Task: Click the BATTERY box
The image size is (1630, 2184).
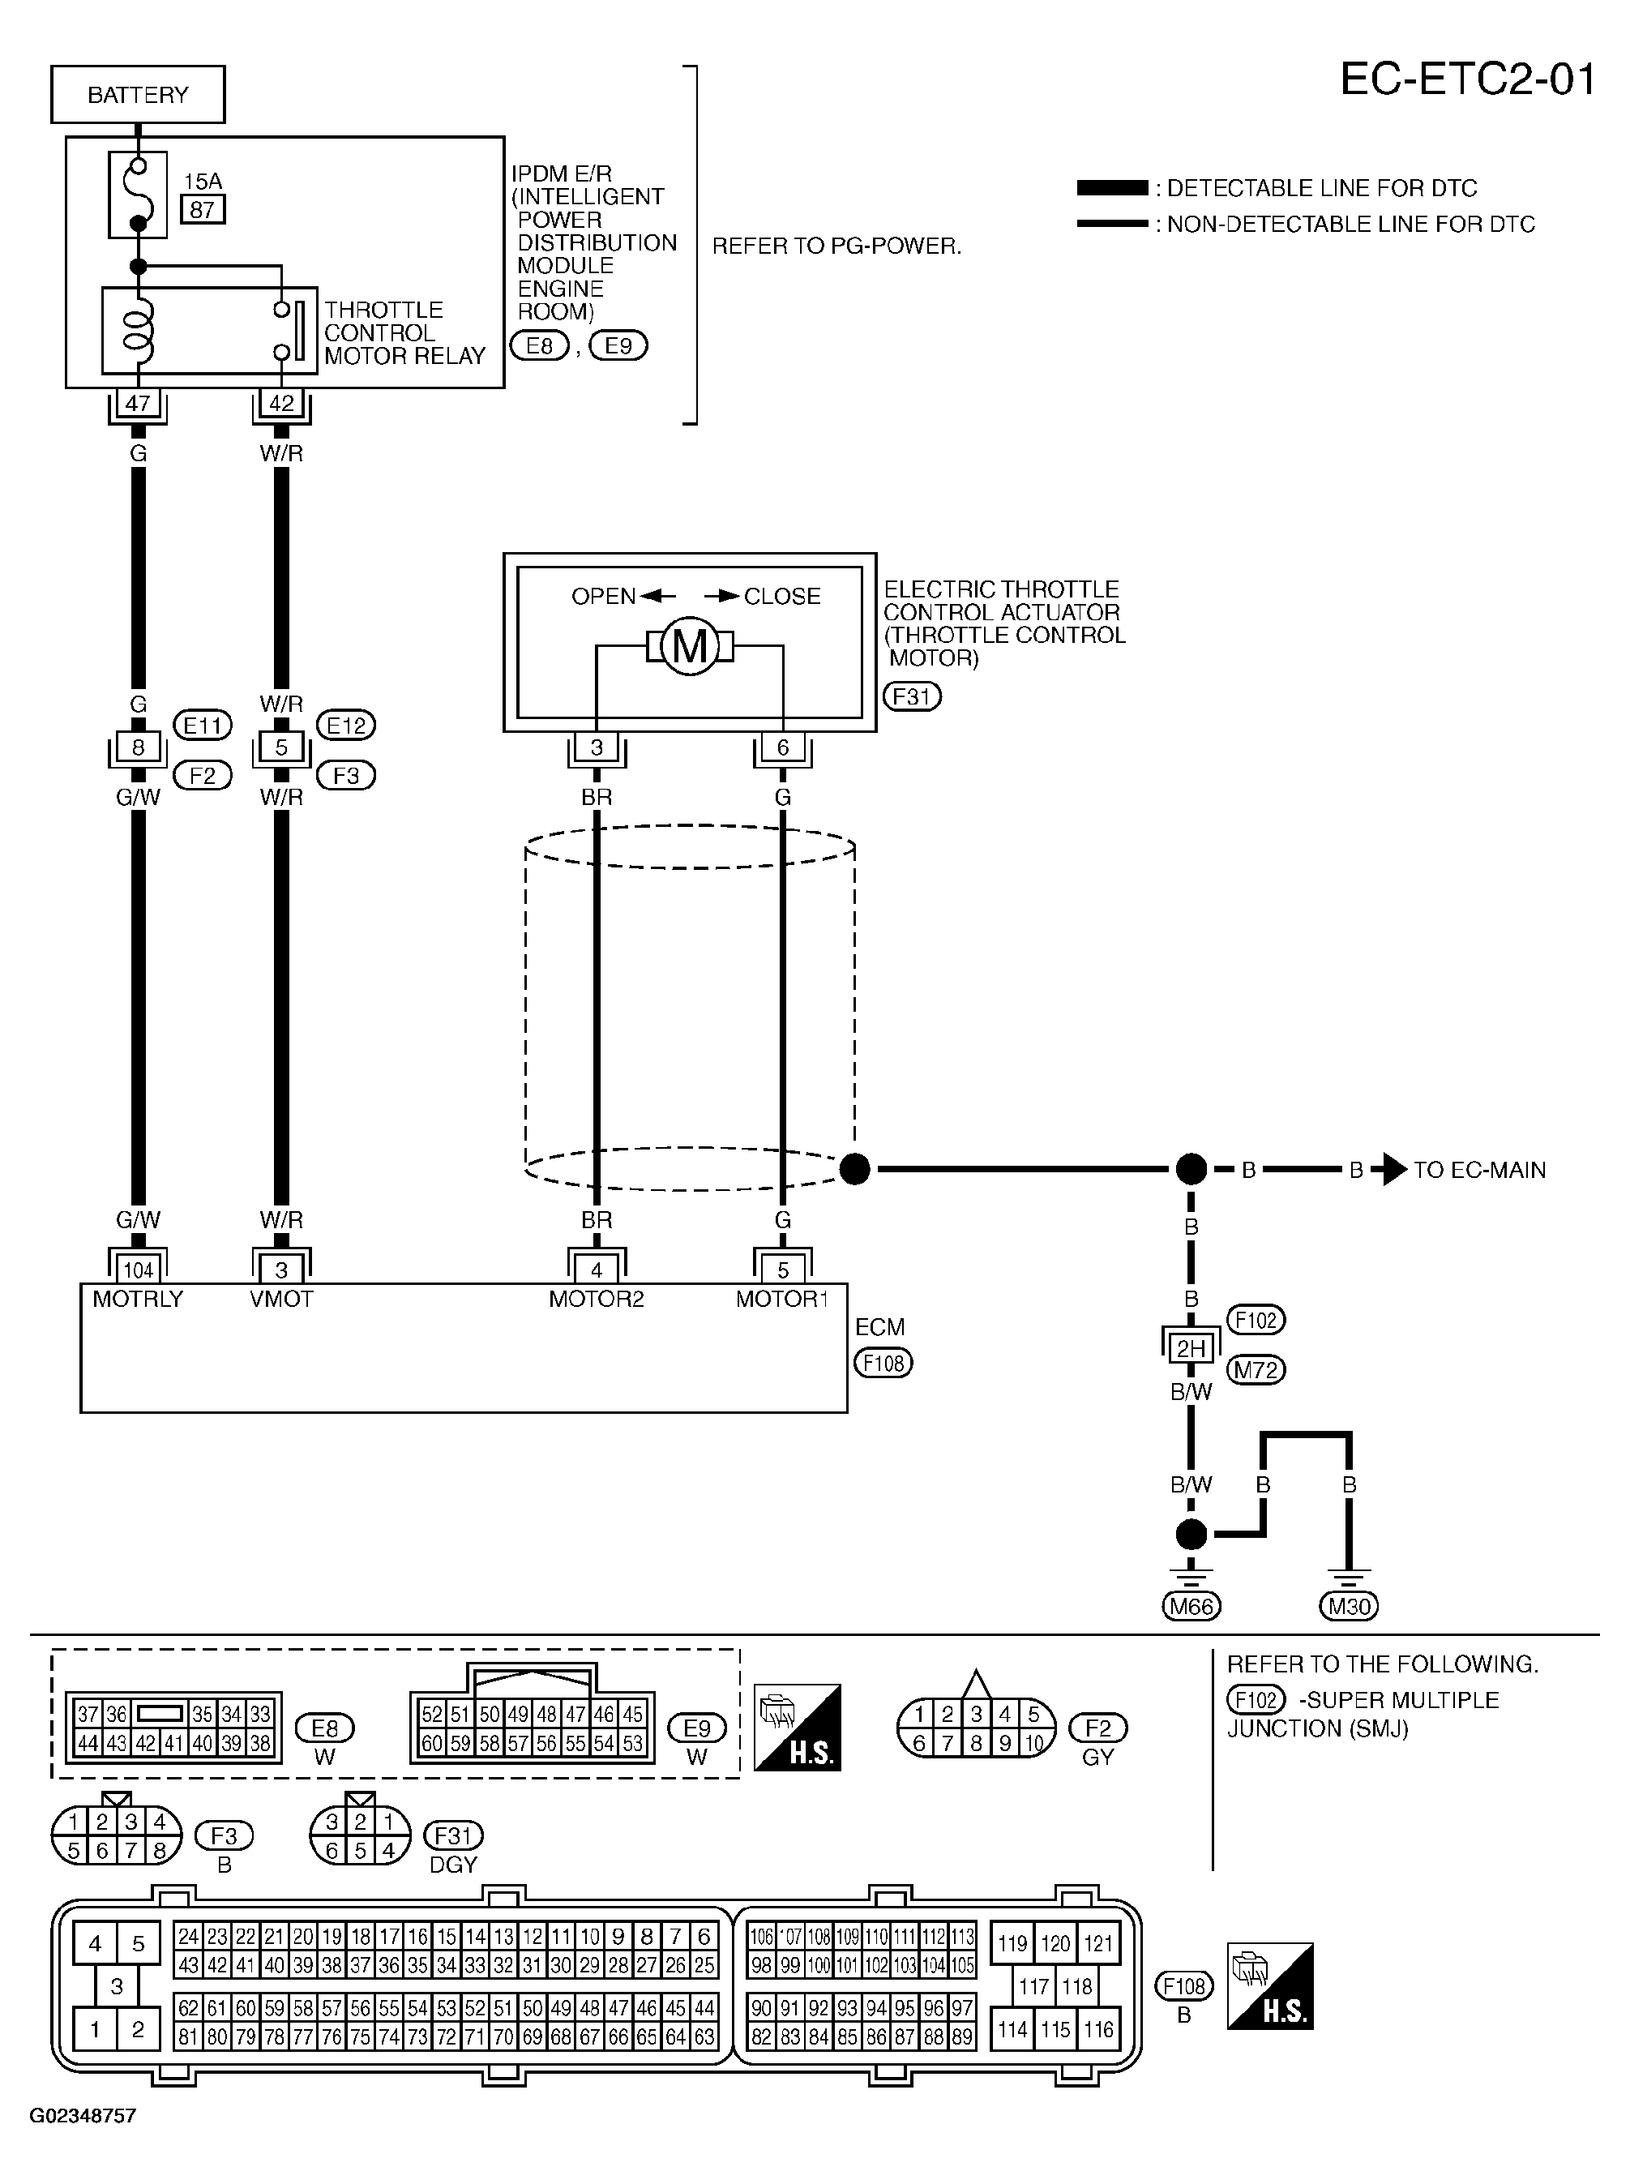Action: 138,95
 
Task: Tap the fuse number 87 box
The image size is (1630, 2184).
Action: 203,209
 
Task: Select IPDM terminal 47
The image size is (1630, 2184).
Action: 138,403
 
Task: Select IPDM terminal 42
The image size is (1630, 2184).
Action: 281,403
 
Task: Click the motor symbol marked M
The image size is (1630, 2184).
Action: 690,646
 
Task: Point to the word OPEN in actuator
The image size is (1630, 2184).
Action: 604,596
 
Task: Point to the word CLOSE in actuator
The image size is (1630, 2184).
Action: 782,596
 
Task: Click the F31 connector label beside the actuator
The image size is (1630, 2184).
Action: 912,696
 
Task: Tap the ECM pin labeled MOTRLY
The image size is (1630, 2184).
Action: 138,1299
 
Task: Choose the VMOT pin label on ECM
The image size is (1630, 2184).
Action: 281,1299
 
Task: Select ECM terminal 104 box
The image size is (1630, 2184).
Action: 138,1270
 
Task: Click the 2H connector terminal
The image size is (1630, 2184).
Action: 1191,1349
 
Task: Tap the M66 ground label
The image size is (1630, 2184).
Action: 1191,1607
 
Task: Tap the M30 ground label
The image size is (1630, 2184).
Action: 1349,1607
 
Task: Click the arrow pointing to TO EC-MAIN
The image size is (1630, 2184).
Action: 1394,1170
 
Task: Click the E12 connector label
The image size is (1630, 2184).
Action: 345,726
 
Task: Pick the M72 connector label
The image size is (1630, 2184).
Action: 1256,1370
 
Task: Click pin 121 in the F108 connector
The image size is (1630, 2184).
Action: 1098,1943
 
